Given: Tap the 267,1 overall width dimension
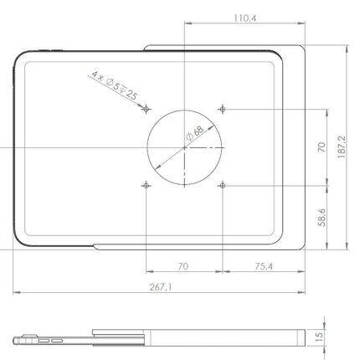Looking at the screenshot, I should [x=159, y=287].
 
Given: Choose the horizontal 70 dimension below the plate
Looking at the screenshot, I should [x=184, y=265].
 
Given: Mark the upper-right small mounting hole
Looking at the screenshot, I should [x=222, y=109].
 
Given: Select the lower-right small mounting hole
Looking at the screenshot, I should [x=222, y=183].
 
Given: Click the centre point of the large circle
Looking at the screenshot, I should [x=184, y=147].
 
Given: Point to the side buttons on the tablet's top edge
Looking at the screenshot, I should [x=43, y=52].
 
